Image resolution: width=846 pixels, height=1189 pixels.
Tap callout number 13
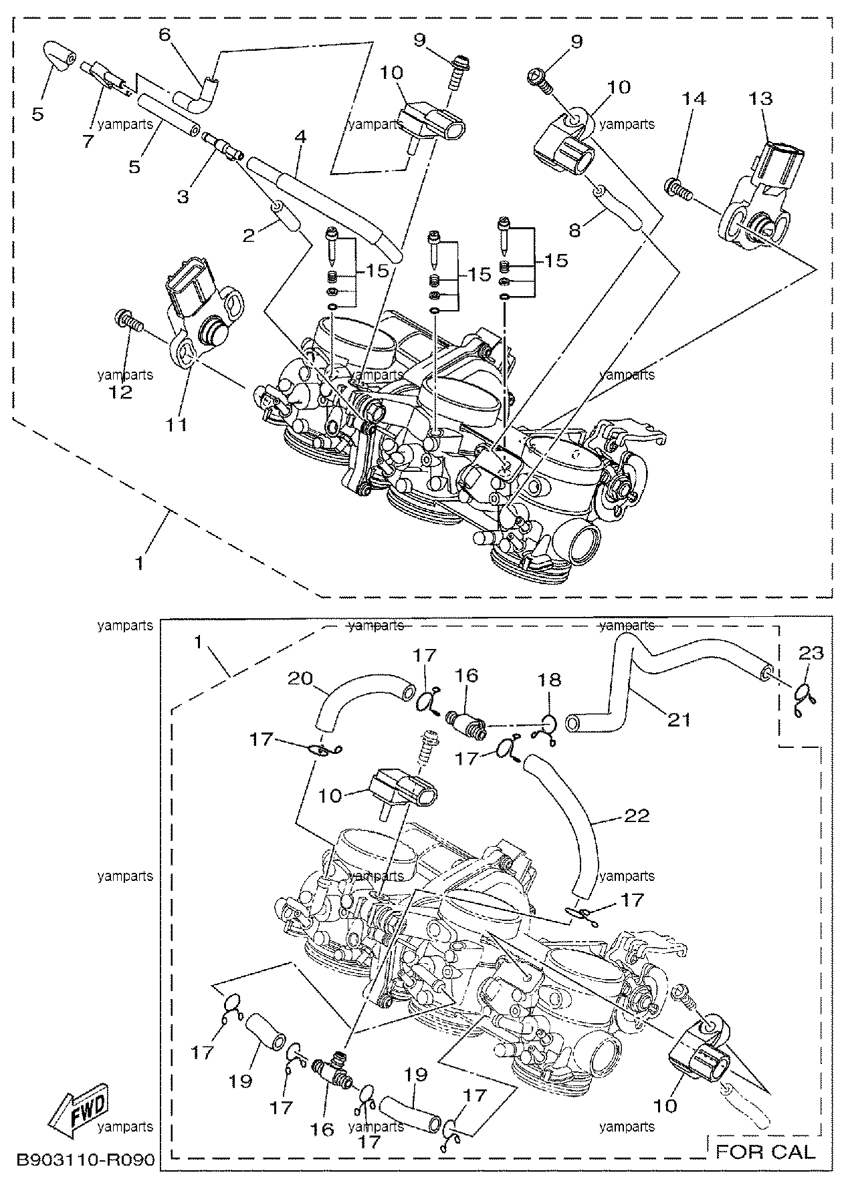coord(761,98)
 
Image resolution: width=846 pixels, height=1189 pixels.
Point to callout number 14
coord(694,98)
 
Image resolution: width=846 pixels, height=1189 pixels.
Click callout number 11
coord(177,424)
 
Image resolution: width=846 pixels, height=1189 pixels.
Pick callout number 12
coord(122,392)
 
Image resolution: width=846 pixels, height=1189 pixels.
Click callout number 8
coord(575,231)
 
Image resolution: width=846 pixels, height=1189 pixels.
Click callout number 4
coord(300,137)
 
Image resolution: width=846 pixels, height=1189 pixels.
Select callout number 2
coord(249,236)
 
